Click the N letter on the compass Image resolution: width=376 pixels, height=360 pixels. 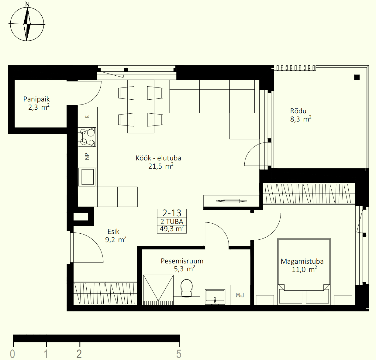coord(28,4)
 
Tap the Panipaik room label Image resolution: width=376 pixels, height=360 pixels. coord(36,99)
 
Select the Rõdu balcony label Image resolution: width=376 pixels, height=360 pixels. coord(298,111)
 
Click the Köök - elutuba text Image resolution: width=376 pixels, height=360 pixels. coord(158,158)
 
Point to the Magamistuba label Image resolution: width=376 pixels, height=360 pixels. coord(302,261)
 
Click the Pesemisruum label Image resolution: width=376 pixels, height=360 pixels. coord(182,261)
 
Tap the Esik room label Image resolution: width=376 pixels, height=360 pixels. coord(113,231)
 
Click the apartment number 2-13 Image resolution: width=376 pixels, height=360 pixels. coord(172,213)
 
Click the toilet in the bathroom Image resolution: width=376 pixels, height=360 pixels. coord(186,288)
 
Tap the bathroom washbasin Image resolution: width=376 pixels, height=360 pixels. coord(215,297)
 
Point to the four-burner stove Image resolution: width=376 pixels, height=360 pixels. coord(87,137)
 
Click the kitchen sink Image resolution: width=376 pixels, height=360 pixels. coord(87,177)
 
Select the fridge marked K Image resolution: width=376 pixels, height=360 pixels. coord(87,117)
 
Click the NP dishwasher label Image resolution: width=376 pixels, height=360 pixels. coord(87,156)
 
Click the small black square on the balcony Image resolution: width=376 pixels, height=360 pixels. coord(357,77)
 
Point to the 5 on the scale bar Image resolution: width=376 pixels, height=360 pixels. coord(179,354)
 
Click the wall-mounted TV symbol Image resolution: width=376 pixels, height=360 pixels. coord(232,201)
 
